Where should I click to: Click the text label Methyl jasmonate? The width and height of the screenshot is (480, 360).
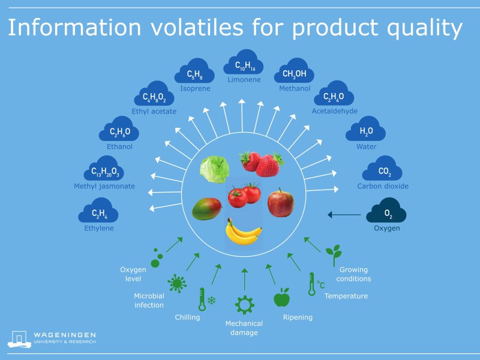click(104, 186)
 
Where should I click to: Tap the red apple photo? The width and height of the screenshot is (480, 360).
click(280, 202)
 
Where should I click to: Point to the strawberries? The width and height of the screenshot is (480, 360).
click(261, 163)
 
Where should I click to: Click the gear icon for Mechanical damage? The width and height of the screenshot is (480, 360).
click(244, 305)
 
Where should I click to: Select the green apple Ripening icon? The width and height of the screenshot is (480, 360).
click(281, 297)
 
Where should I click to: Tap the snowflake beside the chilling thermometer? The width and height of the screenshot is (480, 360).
click(211, 300)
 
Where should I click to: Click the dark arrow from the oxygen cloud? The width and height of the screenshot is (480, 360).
click(344, 214)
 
